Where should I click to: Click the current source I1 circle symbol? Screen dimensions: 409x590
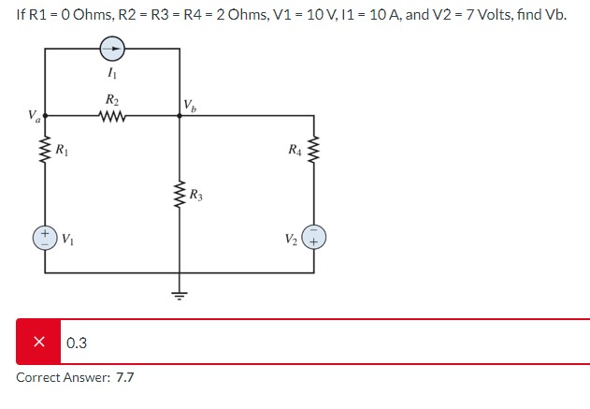(x=112, y=46)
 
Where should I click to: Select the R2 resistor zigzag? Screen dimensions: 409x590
(x=112, y=115)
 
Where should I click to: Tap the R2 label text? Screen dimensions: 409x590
(x=112, y=99)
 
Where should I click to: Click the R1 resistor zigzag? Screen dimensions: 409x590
(x=45, y=150)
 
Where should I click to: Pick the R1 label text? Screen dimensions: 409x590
(x=61, y=150)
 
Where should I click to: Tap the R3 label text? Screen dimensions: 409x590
(x=195, y=196)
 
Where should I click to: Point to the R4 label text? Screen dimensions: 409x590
(x=295, y=150)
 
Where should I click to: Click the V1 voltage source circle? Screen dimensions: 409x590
(x=45, y=236)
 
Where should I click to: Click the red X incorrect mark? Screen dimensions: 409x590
(x=39, y=343)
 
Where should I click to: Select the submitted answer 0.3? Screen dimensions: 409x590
(x=77, y=343)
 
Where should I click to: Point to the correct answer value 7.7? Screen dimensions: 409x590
(x=125, y=377)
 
